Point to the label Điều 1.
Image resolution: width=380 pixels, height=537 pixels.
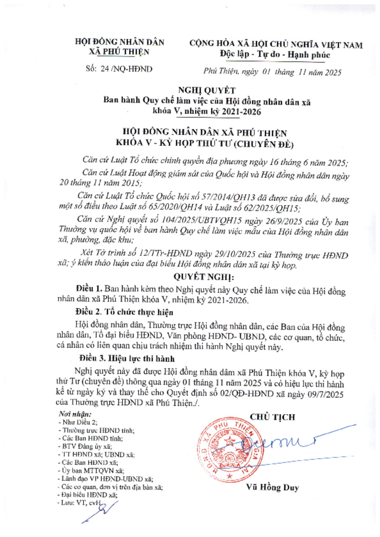(89, 289)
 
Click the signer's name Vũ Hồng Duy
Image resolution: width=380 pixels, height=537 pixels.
(273, 488)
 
